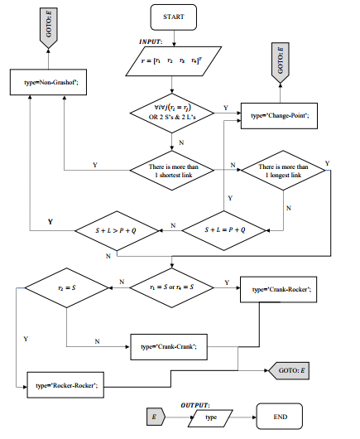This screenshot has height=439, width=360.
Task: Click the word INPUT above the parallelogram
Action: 151,40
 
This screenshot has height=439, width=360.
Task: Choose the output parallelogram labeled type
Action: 210,418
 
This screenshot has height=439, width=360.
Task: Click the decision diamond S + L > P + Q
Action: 117,227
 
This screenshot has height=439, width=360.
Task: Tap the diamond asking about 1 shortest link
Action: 172,171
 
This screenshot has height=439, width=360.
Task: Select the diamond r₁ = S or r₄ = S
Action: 172,287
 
